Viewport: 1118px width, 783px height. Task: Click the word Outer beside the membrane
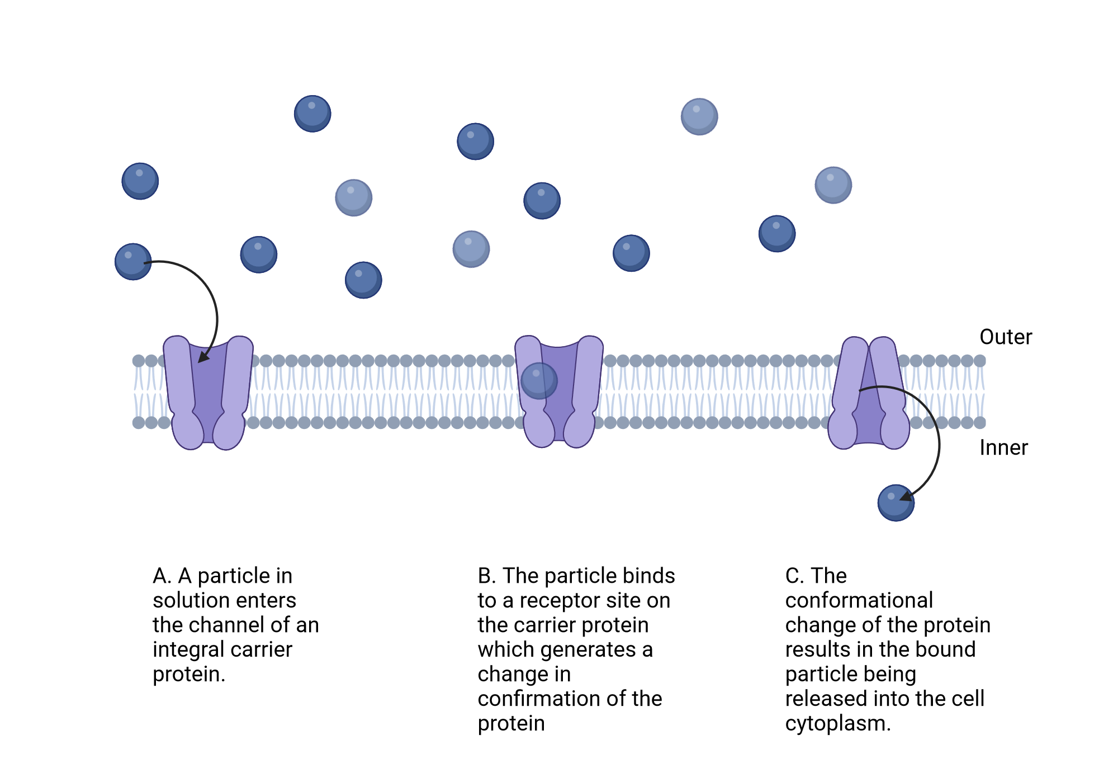click(x=1005, y=337)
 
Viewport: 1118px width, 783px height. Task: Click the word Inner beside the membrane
click(x=1003, y=448)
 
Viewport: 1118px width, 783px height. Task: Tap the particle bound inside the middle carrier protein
click(x=539, y=381)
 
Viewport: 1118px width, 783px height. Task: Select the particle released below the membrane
click(x=895, y=503)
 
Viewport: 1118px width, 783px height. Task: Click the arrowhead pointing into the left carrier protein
click(x=203, y=356)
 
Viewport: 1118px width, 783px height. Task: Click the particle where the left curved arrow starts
click(x=132, y=262)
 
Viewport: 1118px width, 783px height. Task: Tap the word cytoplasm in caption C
click(x=837, y=724)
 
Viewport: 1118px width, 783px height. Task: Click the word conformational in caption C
click(x=859, y=601)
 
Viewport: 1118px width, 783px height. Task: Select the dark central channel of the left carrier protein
click(x=208, y=391)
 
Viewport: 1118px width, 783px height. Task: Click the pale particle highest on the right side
click(x=699, y=116)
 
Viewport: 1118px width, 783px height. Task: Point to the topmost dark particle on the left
click(x=312, y=114)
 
